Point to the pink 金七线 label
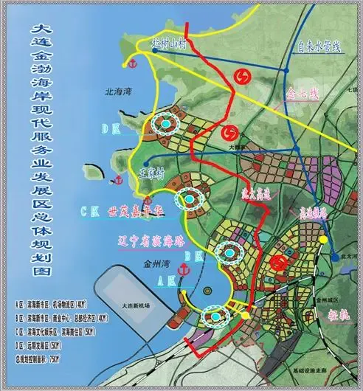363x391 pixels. coord(303,96)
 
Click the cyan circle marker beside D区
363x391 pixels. coord(167,125)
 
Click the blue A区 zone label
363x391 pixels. coord(166,281)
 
